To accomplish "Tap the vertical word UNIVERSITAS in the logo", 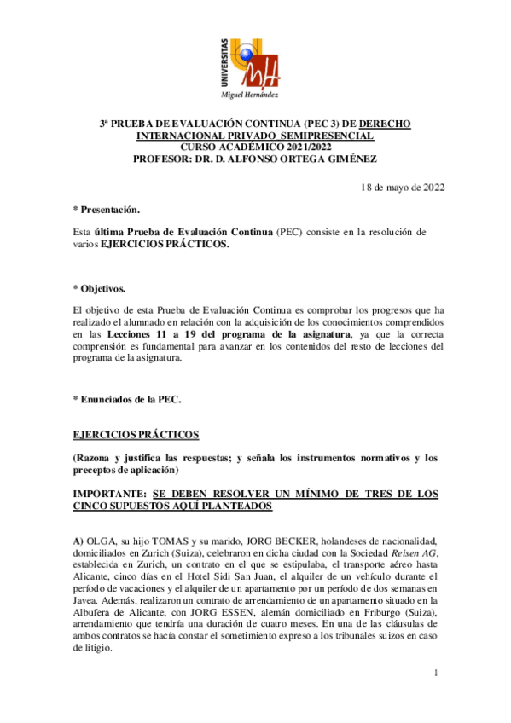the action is pyautogui.click(x=224, y=61).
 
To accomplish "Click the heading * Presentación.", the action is pyautogui.click(x=107, y=210).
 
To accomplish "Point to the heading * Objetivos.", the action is pyautogui.click(x=99, y=289).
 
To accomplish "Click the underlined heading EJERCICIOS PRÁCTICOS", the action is pyautogui.click(x=136, y=434).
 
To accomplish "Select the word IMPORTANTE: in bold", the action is pyautogui.click(x=108, y=494).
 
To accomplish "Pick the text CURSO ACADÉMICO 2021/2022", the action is pyautogui.click(x=255, y=147).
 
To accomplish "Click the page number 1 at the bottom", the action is pyautogui.click(x=435, y=674).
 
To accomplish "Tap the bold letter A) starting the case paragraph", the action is pyautogui.click(x=78, y=541).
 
